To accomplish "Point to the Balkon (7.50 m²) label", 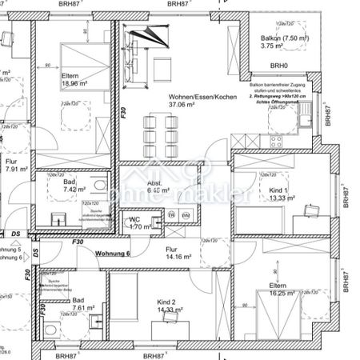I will (x=280, y=38).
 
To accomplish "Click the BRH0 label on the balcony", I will (x=278, y=66).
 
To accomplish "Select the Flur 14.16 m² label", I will (x=172, y=253).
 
